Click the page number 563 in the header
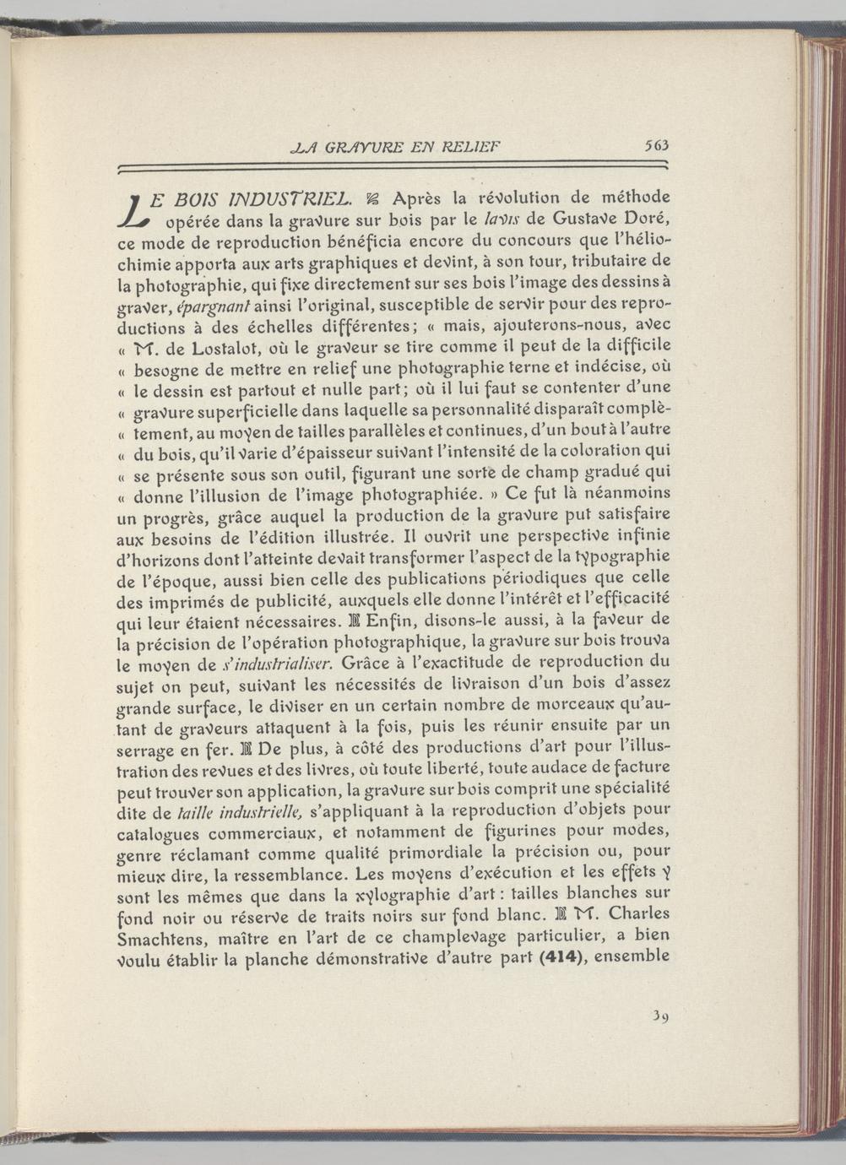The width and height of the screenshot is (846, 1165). click(x=655, y=145)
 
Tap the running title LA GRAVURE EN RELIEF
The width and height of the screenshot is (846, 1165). click(x=395, y=146)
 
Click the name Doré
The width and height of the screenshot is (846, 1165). click(x=649, y=221)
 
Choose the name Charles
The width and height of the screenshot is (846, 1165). click(x=639, y=914)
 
